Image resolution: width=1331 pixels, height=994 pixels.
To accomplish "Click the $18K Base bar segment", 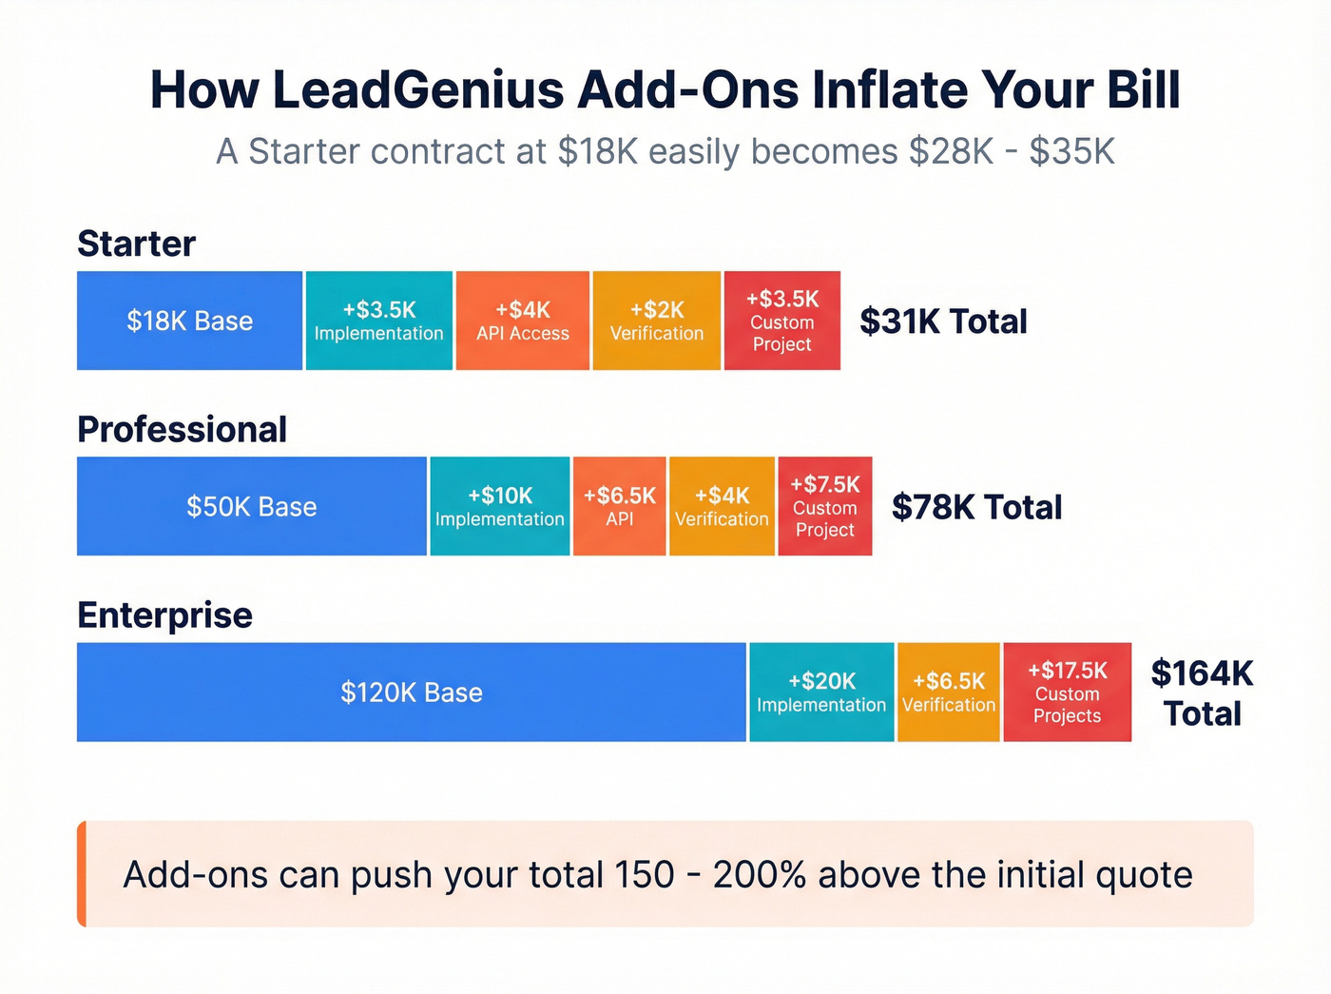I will point(189,321).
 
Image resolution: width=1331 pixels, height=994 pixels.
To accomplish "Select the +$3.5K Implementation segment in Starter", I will point(378,321).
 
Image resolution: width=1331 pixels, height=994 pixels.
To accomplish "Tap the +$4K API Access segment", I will point(522,321).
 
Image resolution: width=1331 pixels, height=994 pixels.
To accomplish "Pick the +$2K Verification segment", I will point(656,321).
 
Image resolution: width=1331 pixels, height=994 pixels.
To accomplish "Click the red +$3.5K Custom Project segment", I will point(781,321).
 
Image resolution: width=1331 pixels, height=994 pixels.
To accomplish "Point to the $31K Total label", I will point(943,322).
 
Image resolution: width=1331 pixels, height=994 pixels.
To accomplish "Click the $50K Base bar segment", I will point(251,506).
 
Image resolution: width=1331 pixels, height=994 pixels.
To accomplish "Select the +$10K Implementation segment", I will point(499,506).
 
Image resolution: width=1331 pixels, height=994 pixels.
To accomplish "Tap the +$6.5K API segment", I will point(619,506).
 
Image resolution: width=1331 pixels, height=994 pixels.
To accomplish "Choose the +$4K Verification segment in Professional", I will point(722,506).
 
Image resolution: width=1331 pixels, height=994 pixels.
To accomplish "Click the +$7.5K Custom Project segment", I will point(824,506).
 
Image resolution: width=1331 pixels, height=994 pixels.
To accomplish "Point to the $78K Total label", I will point(976,507).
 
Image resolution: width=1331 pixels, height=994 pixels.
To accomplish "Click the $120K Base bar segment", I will point(411,692).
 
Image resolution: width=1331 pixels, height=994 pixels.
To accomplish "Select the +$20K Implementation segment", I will point(821,692).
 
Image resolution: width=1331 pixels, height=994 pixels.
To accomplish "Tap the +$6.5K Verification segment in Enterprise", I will point(948,692).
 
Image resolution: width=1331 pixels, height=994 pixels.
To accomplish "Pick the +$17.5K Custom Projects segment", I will point(1067,692).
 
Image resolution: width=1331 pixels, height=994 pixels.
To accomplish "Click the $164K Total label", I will point(1202,692).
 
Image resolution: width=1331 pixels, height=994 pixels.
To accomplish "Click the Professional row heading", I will point(182,429).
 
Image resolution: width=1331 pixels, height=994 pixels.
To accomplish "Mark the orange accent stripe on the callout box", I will point(82,873).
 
